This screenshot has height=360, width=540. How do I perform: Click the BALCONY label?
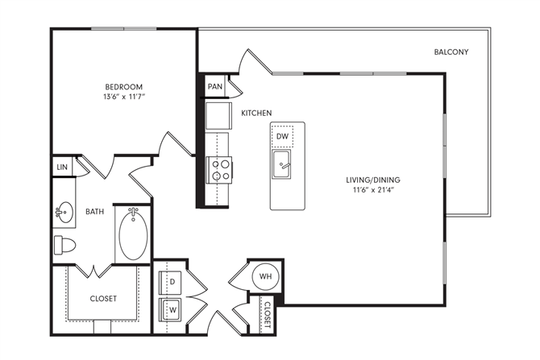[x=451, y=52]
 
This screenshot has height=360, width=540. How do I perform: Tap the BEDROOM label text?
[x=124, y=86]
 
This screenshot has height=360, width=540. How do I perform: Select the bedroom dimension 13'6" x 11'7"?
[x=124, y=97]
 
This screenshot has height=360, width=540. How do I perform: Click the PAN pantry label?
[x=214, y=86]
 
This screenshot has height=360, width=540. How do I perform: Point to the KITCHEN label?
[x=256, y=113]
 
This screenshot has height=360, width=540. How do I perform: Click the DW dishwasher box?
[x=282, y=137]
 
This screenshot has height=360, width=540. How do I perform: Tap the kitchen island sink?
[x=282, y=168]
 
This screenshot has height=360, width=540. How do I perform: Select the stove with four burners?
[x=220, y=169]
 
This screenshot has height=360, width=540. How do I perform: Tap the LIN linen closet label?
[x=62, y=167]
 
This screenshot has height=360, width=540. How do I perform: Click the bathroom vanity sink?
[x=63, y=213]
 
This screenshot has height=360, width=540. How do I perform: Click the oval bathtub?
[x=133, y=234]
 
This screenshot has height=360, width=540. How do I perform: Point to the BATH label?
[x=95, y=212]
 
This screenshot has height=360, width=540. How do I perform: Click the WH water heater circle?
[x=265, y=277]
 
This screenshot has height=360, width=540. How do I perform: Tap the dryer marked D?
[x=172, y=282]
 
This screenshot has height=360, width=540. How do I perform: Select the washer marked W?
[x=172, y=308]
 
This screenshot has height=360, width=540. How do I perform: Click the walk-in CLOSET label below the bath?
[x=102, y=298]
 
